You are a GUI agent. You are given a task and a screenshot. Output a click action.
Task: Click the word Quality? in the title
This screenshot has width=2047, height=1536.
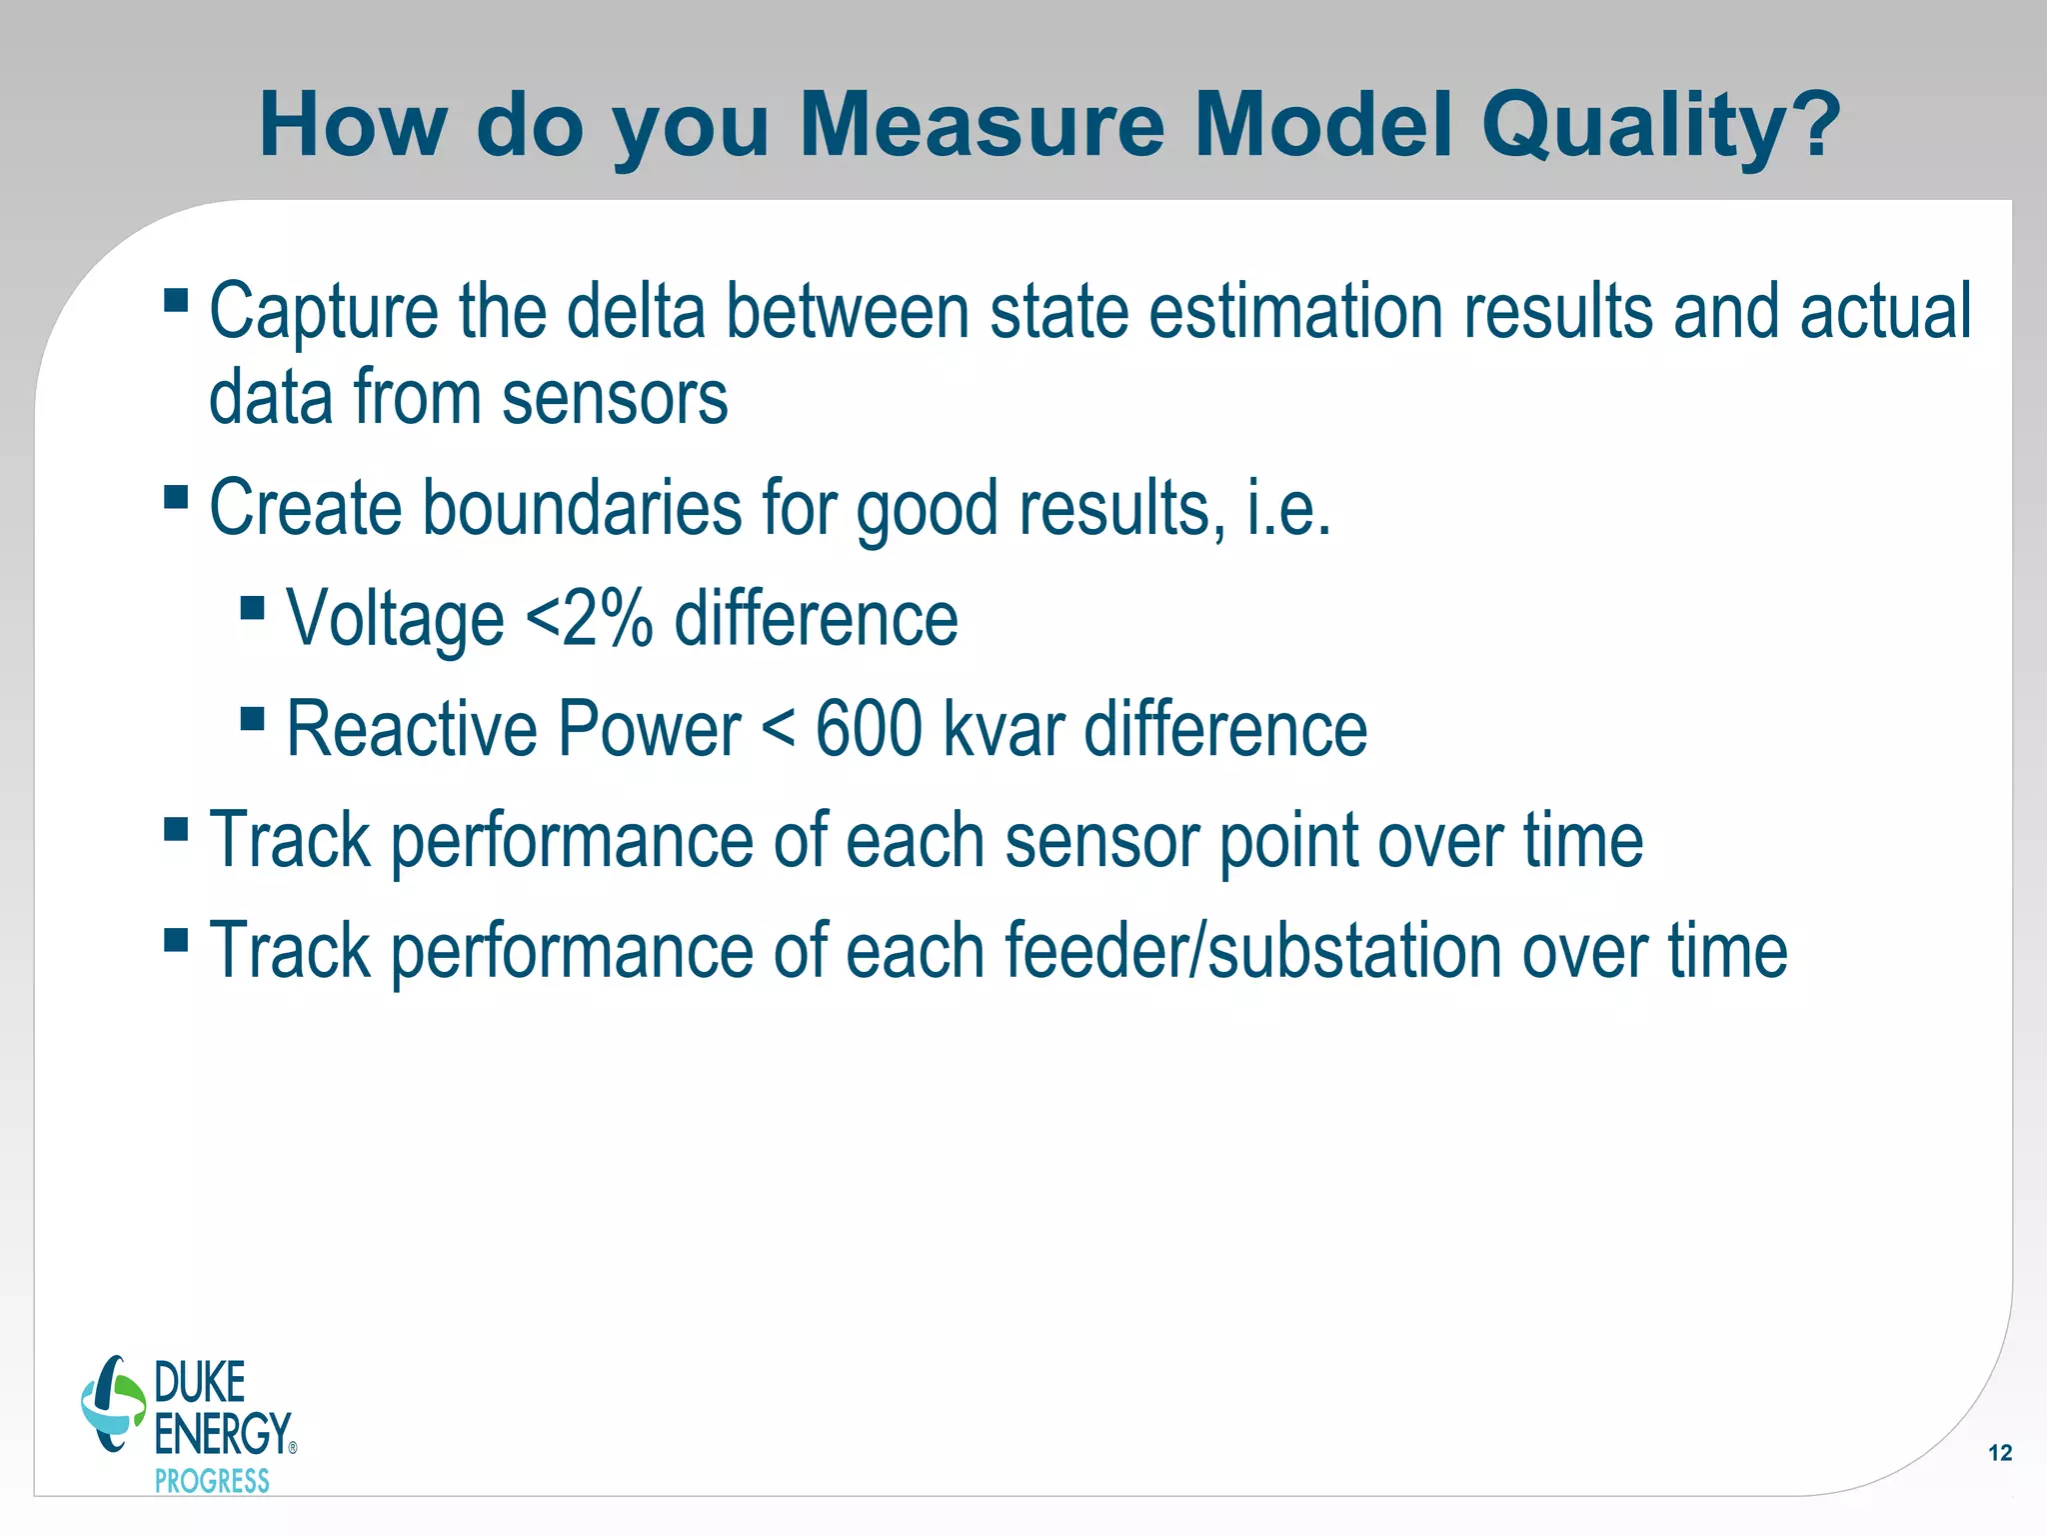click(1660, 126)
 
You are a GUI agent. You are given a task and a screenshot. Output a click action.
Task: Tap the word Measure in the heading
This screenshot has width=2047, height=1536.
click(982, 126)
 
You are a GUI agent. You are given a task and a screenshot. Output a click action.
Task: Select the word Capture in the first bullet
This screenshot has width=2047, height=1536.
click(323, 312)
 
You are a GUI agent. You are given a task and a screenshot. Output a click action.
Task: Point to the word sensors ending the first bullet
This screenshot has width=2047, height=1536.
click(615, 398)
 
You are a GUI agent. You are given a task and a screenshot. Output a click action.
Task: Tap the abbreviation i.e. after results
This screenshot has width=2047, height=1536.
click(1288, 508)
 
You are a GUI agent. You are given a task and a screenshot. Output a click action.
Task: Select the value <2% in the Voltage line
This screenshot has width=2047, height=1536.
click(589, 619)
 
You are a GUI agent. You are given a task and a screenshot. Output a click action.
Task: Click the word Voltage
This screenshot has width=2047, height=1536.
click(395, 619)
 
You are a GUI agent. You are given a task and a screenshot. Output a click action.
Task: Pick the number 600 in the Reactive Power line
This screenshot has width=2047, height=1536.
click(869, 729)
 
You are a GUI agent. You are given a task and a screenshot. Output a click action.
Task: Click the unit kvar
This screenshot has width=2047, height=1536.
click(1003, 729)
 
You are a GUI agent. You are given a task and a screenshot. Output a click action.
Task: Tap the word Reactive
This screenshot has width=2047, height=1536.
click(412, 729)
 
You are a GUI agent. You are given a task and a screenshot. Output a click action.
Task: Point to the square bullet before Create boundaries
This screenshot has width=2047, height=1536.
click(176, 497)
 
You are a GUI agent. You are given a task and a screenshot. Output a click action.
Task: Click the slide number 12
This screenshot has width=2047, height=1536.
click(1999, 1453)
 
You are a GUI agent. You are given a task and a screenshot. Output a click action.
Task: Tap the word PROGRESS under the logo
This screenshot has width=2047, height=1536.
click(212, 1481)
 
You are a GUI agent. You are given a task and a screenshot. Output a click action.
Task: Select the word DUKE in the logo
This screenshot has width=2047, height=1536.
click(200, 1383)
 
